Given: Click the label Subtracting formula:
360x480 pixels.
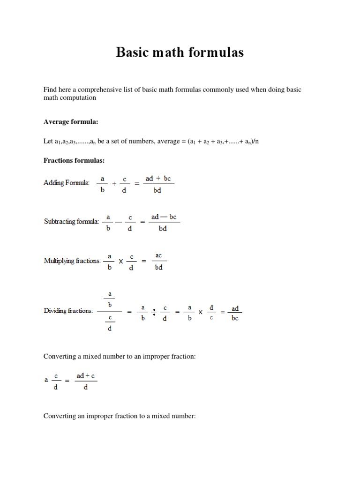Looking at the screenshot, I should point(71,221).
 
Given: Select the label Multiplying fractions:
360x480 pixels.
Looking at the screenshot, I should point(72,261).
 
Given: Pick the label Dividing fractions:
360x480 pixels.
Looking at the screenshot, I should point(68,310).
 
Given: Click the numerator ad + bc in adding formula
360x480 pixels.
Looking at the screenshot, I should point(158,179).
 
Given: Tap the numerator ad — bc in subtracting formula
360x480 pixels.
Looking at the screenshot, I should point(164,217).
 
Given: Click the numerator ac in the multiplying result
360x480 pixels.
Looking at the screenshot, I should point(158,256).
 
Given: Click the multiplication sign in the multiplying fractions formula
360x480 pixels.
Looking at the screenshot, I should point(120,261).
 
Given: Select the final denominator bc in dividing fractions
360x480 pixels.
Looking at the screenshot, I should point(235,318).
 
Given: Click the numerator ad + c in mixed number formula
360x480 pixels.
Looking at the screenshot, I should point(86,376).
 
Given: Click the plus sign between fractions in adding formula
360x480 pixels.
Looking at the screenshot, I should point(114,184).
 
